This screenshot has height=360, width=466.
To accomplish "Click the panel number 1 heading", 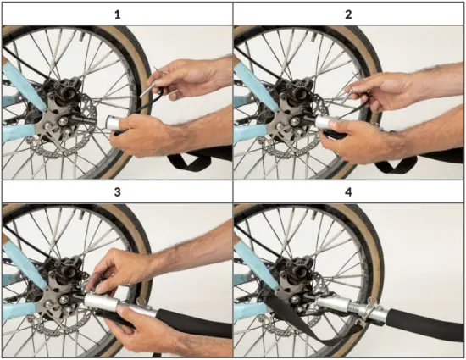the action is [x=118, y=14].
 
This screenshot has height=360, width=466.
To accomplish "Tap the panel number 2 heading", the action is [x=348, y=14].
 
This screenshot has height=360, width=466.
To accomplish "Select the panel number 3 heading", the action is [x=118, y=192].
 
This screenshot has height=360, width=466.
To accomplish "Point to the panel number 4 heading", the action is [x=348, y=192].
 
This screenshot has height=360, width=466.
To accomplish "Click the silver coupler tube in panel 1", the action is [x=114, y=123].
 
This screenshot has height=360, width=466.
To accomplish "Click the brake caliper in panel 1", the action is [x=64, y=92].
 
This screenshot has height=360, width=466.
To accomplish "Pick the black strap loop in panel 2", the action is [x=397, y=164].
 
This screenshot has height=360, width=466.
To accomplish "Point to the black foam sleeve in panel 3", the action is [x=193, y=322].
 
